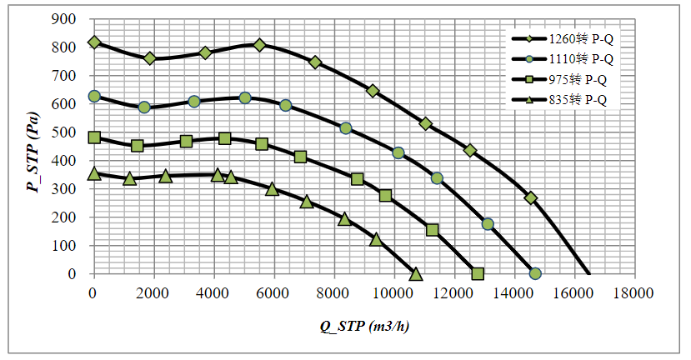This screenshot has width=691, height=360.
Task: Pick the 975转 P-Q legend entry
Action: [x=571, y=79]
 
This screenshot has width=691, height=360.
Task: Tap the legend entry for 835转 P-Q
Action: [x=571, y=100]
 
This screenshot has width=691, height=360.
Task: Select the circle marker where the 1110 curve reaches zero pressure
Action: [x=535, y=273]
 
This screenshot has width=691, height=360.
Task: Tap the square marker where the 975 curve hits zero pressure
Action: [x=478, y=273]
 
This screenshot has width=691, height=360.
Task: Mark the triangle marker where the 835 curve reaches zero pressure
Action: [x=416, y=273]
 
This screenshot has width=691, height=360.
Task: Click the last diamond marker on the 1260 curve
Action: [x=531, y=197]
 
